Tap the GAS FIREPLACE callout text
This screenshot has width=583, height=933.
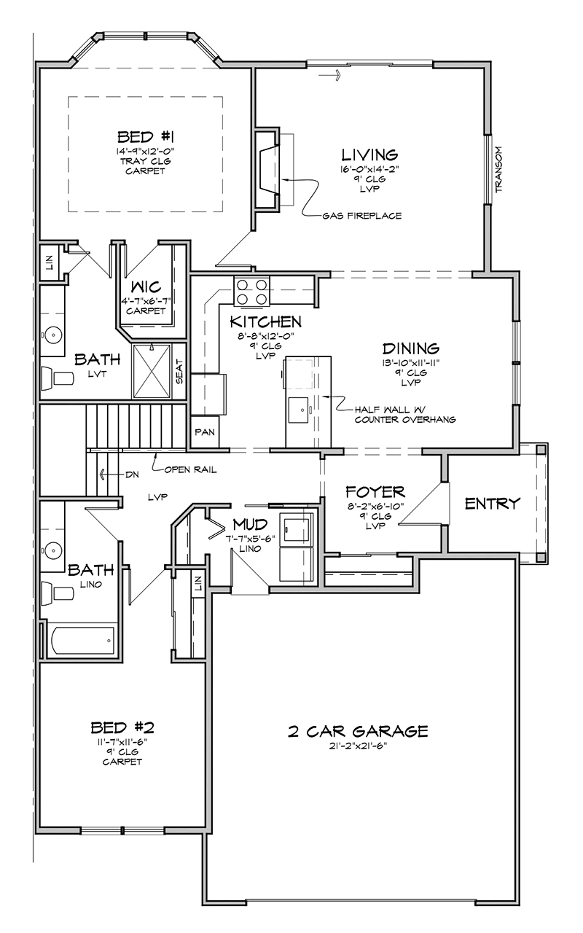click(362, 216)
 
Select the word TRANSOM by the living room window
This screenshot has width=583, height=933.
click(499, 168)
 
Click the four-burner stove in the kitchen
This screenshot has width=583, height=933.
click(251, 292)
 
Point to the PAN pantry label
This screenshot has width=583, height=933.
click(205, 432)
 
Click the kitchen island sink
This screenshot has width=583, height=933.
click(298, 410)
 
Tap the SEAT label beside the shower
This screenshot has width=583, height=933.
click(179, 372)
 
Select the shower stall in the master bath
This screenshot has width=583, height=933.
click(152, 371)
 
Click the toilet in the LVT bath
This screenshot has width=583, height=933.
click(58, 378)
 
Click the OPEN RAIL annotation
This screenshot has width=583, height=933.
click(190, 470)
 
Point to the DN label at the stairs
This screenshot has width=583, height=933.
click(132, 475)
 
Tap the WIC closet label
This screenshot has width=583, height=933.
click(146, 286)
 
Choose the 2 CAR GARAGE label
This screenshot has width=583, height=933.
click(358, 731)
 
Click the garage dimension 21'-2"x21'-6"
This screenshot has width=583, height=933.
click(358, 746)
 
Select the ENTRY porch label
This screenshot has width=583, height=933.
click(493, 503)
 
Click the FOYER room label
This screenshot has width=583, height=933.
click(375, 492)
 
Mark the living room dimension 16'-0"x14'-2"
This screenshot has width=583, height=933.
click(369, 170)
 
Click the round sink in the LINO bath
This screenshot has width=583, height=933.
click(52, 550)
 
